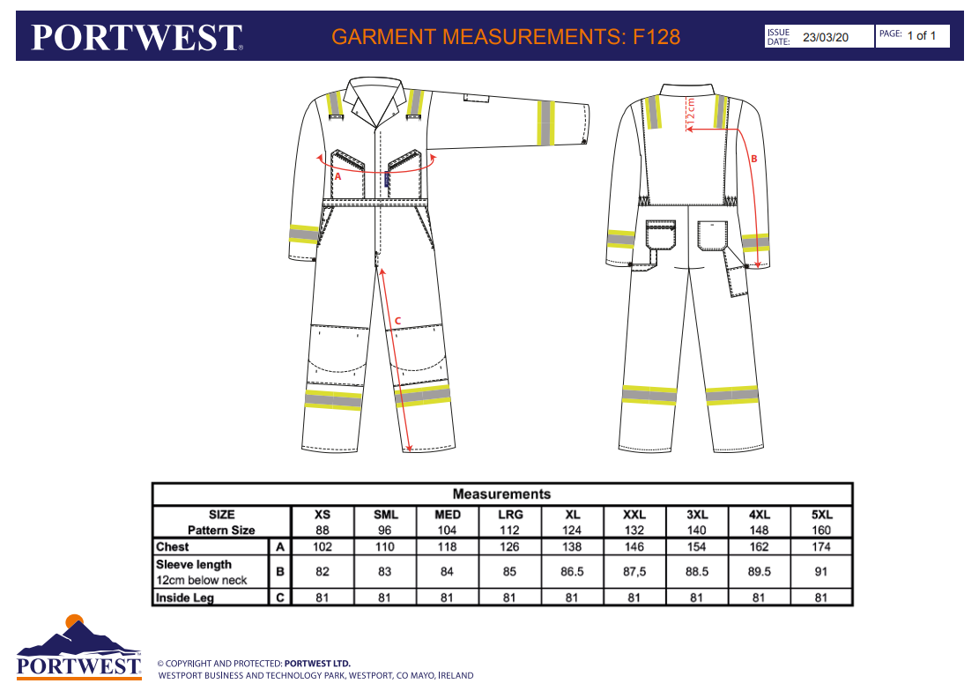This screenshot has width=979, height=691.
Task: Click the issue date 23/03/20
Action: pyautogui.click(x=825, y=37)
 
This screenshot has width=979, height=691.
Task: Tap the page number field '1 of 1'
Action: pyautogui.click(x=921, y=35)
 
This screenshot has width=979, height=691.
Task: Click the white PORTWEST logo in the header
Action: pyautogui.click(x=137, y=37)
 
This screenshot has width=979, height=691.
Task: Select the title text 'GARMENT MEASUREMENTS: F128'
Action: pyautogui.click(x=505, y=37)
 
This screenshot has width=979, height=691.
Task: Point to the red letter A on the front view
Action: pyautogui.click(x=337, y=176)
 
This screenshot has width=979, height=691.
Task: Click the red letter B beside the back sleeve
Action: pyautogui.click(x=753, y=159)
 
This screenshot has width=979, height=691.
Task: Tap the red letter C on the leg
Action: pyautogui.click(x=398, y=319)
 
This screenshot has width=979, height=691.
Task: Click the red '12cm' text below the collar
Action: pyautogui.click(x=691, y=112)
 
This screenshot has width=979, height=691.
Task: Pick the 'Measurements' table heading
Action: pyautogui.click(x=501, y=494)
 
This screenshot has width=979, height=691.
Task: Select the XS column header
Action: pyautogui.click(x=323, y=515)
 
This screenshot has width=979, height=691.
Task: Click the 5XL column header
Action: pyautogui.click(x=821, y=515)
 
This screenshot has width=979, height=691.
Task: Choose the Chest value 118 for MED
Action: pyautogui.click(x=447, y=546)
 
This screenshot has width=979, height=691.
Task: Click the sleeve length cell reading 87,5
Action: pyautogui.click(x=634, y=571)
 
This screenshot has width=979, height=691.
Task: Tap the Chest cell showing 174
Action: pyautogui.click(x=821, y=546)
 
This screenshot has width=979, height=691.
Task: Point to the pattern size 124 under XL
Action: pyautogui.click(x=572, y=531)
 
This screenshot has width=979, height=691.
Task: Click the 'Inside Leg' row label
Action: pyautogui.click(x=185, y=598)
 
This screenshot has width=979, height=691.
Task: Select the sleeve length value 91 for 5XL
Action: pyautogui.click(x=821, y=571)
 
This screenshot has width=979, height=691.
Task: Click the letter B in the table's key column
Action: pyautogui.click(x=280, y=571)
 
